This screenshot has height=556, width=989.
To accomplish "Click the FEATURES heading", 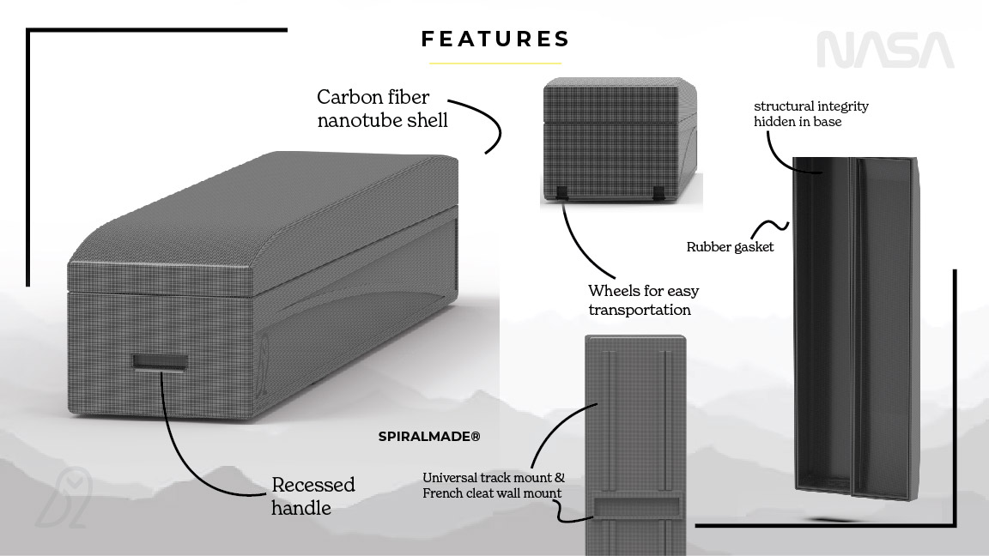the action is click(x=495, y=39).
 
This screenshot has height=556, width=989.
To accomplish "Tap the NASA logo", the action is click(x=884, y=51).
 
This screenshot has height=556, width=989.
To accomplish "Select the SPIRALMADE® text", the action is click(x=429, y=437).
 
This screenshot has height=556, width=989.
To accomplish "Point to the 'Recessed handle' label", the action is click(x=312, y=496).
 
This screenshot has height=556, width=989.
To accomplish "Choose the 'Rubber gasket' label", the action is click(x=730, y=247).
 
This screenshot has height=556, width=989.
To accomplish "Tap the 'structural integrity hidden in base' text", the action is click(x=810, y=113).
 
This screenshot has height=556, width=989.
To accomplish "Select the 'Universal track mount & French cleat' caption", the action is click(x=493, y=485).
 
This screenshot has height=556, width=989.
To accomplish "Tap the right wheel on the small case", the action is click(x=658, y=192).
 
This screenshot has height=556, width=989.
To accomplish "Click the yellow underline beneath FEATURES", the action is click(x=495, y=63).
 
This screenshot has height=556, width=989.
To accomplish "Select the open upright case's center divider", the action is click(x=852, y=326).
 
